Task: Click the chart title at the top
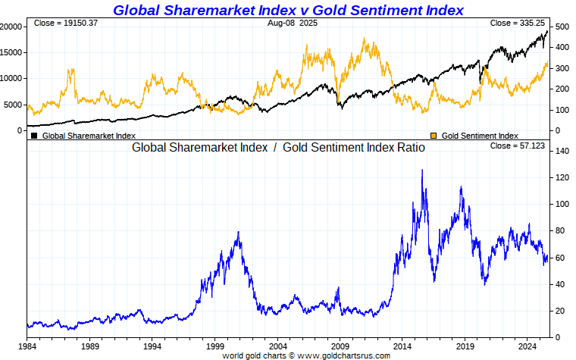pyautogui.click(x=288, y=10)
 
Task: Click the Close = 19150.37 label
pyautogui.click(x=66, y=23)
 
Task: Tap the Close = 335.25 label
pyautogui.click(x=518, y=23)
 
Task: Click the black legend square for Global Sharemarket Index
pyautogui.click(x=34, y=136)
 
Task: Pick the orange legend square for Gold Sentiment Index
pyautogui.click(x=434, y=136)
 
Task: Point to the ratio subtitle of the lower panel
pyautogui.click(x=278, y=148)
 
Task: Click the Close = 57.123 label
pyautogui.click(x=518, y=146)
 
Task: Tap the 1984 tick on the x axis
pyautogui.click(x=27, y=345)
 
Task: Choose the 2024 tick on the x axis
pyautogui.click(x=527, y=345)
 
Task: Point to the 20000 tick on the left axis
pyautogui.click(x=10, y=27)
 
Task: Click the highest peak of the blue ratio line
pyautogui.click(x=421, y=171)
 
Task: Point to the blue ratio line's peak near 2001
pyautogui.click(x=239, y=233)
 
